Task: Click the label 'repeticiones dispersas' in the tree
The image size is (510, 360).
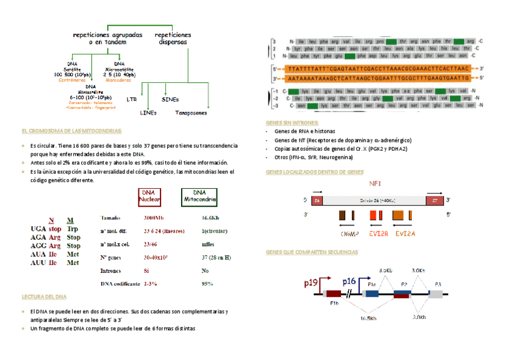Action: pyautogui.click(x=173, y=38)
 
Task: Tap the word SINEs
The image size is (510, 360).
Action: pyautogui.click(x=170, y=99)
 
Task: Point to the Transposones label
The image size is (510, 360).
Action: pyautogui.click(x=191, y=112)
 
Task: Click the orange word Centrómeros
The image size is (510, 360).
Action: pyautogui.click(x=72, y=79)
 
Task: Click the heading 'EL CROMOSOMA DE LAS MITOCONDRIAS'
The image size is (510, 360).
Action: pyautogui.click(x=72, y=130)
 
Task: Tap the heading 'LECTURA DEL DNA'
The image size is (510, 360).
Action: pyautogui.click(x=44, y=297)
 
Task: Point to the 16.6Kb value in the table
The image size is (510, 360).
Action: pyautogui.click(x=210, y=218)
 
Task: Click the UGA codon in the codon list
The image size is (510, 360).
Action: pyautogui.click(x=38, y=229)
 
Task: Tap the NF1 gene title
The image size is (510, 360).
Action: pyautogui.click(x=374, y=183)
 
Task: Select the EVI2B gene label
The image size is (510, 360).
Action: pyautogui.click(x=378, y=233)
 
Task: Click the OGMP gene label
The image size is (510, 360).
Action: pyautogui.click(x=349, y=233)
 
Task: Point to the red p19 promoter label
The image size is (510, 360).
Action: pyautogui.click(x=311, y=282)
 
